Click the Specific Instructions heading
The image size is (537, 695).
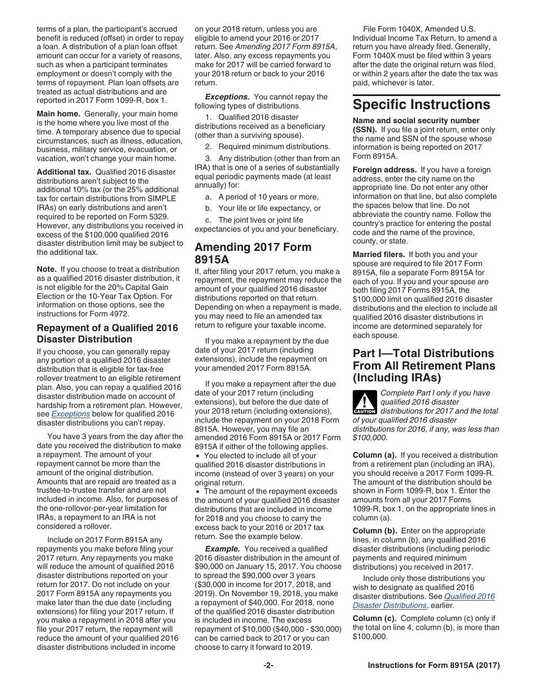coord(421,105)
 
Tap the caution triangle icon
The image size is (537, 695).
coord(365,403)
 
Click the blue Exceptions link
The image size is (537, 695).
coord(71,414)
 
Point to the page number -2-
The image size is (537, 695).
coord(268,666)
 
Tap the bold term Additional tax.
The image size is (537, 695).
coord(64,171)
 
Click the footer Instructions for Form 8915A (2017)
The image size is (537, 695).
coord(434,666)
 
